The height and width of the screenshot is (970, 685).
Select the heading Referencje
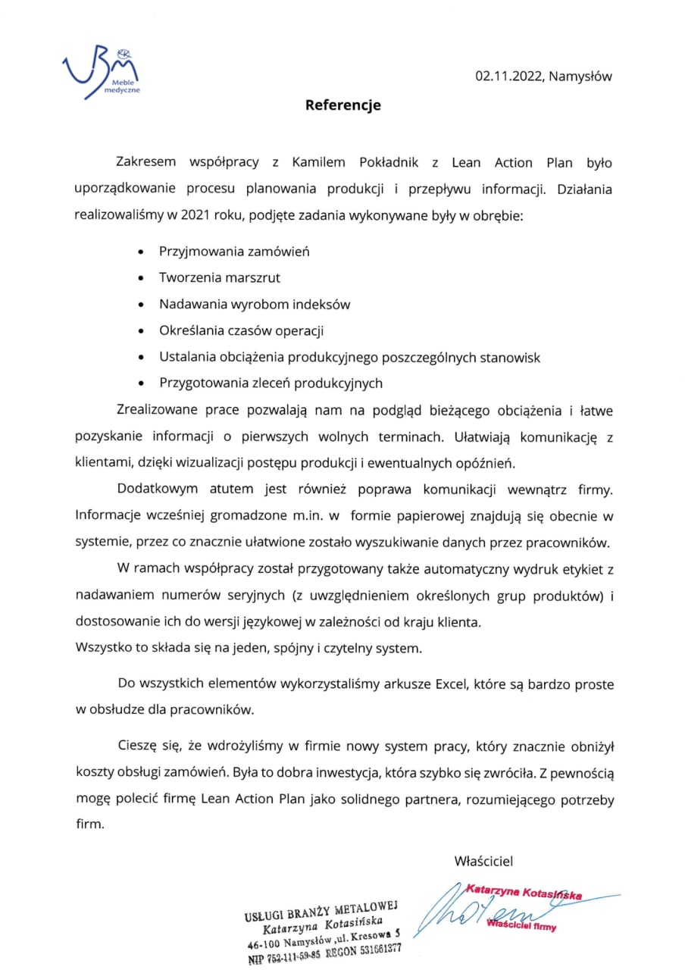point(342,105)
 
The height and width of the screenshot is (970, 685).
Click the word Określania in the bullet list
point(189,330)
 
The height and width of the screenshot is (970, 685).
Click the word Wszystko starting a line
point(101,649)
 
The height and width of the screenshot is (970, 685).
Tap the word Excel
point(451,685)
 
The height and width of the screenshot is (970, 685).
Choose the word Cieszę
point(139,746)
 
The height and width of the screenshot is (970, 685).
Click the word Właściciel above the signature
point(483,861)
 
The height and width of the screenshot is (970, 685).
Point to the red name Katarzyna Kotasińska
point(524,894)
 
